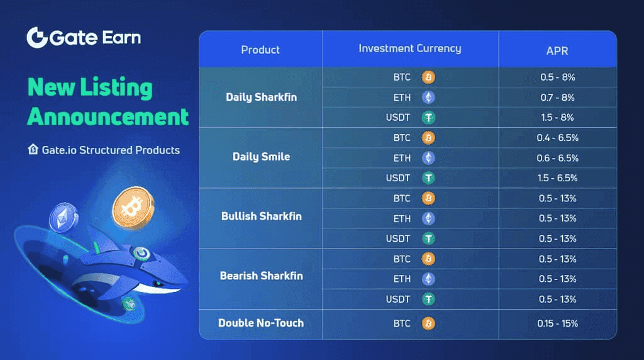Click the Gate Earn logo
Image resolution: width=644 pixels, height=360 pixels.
(84, 37)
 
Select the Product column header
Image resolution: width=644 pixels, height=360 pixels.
(260, 50)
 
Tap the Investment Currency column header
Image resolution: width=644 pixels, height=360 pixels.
(410, 48)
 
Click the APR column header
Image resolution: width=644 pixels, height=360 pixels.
(557, 50)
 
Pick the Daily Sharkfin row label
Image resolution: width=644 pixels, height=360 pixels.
(261, 97)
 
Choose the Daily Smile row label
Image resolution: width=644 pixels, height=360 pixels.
(261, 157)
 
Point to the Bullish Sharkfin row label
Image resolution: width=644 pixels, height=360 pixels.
(261, 216)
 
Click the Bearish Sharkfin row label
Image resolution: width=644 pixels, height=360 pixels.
(261, 276)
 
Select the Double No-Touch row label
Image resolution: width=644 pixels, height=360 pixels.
(261, 323)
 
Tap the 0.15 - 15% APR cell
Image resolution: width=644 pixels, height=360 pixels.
(557, 323)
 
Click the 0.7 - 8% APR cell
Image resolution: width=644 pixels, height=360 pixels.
(557, 98)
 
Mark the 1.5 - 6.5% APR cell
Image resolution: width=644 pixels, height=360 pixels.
(557, 178)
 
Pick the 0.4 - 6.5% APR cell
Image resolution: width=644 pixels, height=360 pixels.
(557, 138)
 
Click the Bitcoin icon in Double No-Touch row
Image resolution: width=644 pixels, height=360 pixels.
(428, 323)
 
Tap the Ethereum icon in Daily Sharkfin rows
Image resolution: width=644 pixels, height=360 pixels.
(428, 98)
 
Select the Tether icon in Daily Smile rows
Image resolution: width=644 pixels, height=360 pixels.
(428, 178)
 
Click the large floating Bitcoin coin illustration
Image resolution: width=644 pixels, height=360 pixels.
(133, 208)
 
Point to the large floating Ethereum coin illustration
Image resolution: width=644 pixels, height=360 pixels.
(64, 218)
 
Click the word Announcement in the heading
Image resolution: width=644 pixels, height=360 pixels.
(108, 116)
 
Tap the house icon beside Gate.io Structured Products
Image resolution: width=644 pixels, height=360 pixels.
(33, 149)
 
